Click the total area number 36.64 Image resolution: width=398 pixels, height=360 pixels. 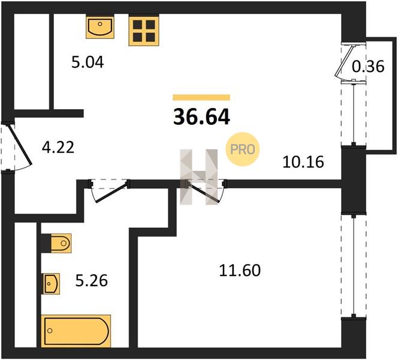201,117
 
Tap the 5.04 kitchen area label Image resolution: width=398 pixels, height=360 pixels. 88,62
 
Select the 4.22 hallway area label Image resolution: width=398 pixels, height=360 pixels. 58,148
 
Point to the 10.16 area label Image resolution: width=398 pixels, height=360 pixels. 303,162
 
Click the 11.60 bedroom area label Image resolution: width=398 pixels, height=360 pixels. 240,270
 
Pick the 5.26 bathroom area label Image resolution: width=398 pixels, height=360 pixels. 92,281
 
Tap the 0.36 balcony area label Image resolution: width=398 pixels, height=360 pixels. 368,67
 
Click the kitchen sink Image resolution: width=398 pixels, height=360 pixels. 99,26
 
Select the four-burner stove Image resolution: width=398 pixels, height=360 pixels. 144,30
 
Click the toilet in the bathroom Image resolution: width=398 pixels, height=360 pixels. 61,244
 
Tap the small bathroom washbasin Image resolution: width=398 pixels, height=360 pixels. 52,284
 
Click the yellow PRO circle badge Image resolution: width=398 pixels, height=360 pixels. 243,149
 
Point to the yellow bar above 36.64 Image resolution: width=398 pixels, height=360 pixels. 201,98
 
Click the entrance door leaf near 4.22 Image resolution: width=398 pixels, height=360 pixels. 20,144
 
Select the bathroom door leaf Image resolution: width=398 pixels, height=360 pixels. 111,193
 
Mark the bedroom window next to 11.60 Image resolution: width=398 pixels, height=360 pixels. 354,266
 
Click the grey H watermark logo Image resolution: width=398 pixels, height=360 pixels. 199,177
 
